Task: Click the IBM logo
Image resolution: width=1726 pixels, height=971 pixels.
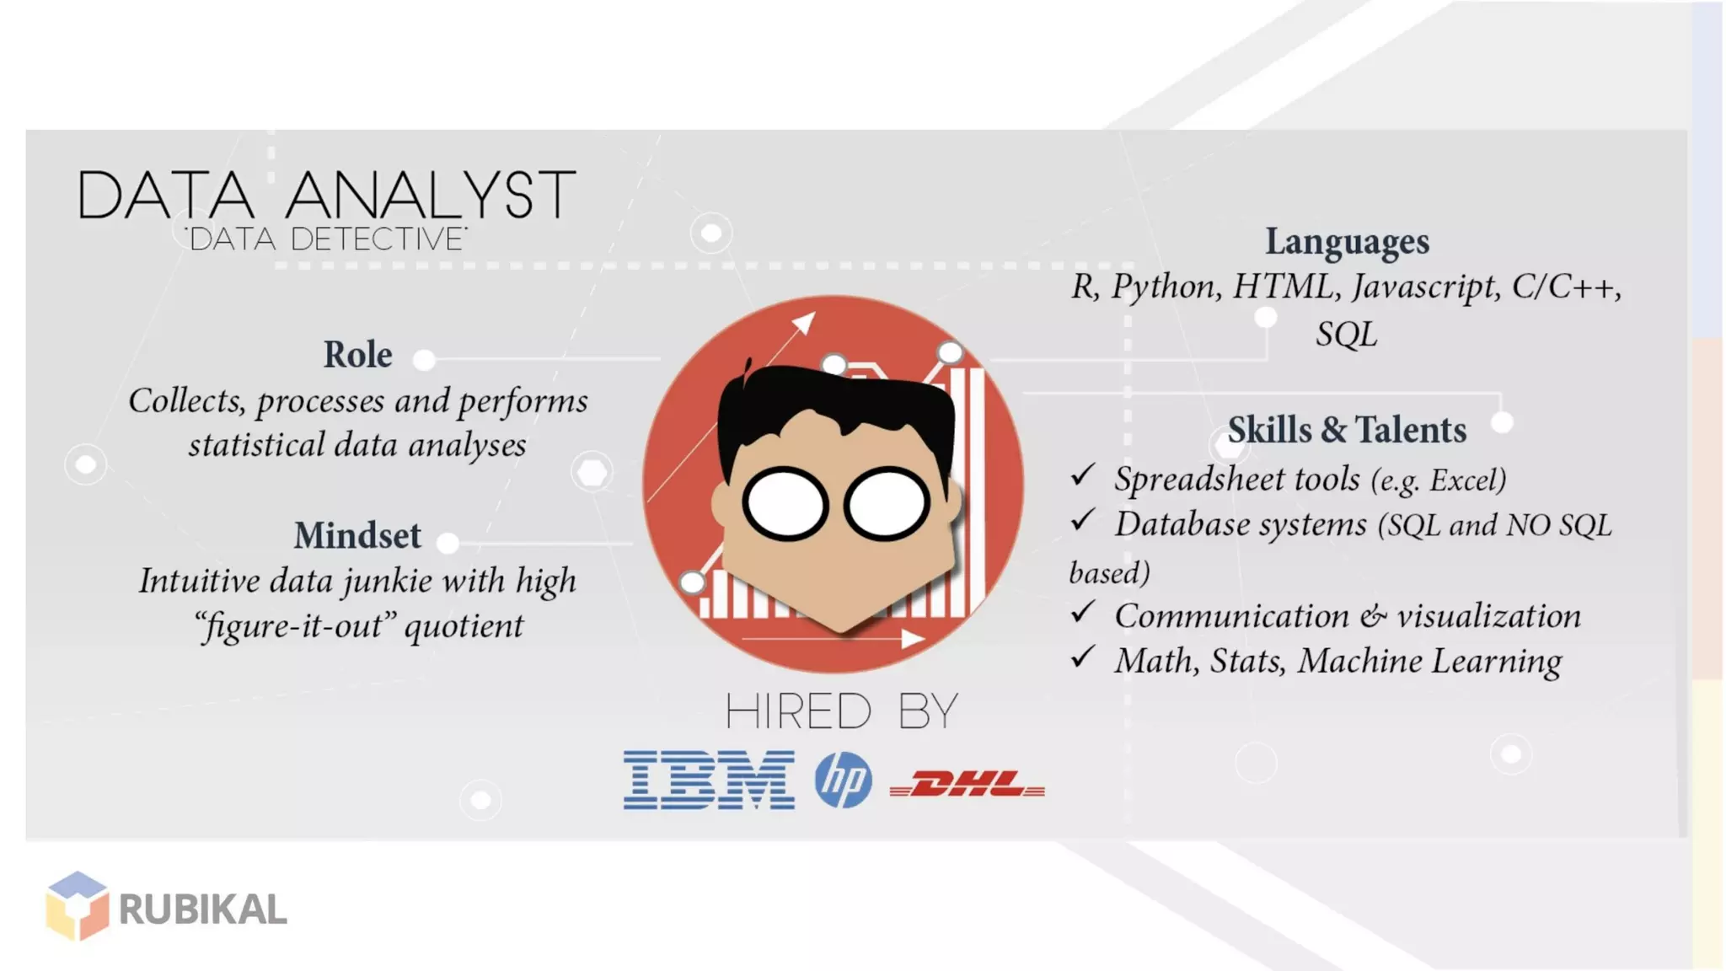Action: [709, 780]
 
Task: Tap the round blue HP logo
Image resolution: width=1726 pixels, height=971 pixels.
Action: [843, 780]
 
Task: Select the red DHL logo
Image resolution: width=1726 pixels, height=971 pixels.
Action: [968, 785]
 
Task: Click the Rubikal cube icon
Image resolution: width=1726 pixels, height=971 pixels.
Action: [77, 905]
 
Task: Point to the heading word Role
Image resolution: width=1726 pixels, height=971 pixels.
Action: [357, 355]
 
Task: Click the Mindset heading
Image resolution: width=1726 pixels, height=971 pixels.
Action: [357, 536]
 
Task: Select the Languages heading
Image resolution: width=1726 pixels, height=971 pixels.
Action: [1347, 242]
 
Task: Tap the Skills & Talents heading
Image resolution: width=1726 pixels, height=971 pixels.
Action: [1347, 431]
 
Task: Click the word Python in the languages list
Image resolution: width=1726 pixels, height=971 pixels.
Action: [1166, 287]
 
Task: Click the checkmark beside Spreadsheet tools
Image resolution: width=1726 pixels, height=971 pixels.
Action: [1083, 475]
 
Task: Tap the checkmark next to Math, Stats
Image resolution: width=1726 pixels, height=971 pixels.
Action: [1083, 657]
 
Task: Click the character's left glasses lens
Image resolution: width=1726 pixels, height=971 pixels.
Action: [785, 504]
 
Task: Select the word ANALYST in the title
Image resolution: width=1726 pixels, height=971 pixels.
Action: [431, 196]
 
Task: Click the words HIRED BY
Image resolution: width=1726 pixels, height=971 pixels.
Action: [841, 712]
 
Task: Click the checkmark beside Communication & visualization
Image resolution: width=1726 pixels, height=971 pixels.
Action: [1083, 612]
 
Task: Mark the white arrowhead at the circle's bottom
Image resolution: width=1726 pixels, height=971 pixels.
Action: [912, 639]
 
